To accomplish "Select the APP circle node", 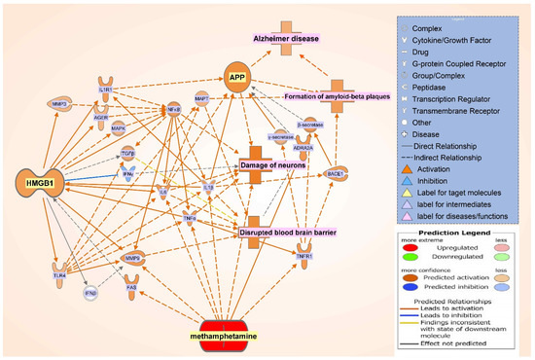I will click(234, 77).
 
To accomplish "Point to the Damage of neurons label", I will click(274, 166).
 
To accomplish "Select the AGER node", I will click(100, 119).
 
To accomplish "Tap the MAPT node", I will click(201, 99).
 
